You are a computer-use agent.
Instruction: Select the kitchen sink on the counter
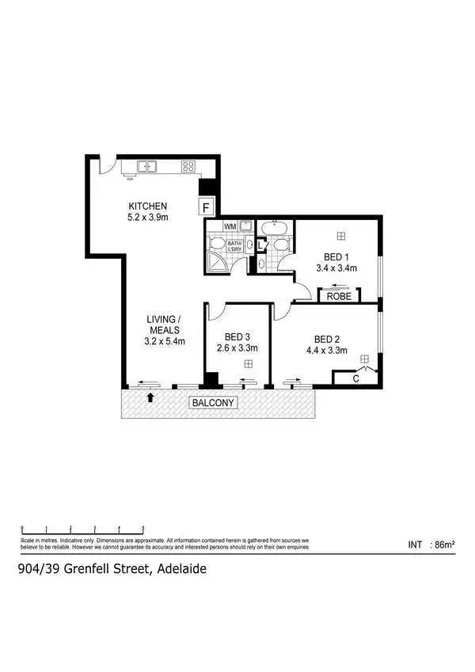click(x=147, y=166)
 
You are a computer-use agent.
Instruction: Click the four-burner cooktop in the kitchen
click(x=188, y=166)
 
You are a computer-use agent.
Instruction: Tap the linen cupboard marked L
click(x=260, y=245)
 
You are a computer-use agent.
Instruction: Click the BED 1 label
click(x=336, y=256)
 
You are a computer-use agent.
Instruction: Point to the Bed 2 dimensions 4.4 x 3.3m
click(x=330, y=351)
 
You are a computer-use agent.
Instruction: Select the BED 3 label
click(x=237, y=336)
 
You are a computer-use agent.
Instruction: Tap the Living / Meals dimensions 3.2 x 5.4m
click(x=165, y=341)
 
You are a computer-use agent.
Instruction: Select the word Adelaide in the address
click(x=182, y=568)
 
